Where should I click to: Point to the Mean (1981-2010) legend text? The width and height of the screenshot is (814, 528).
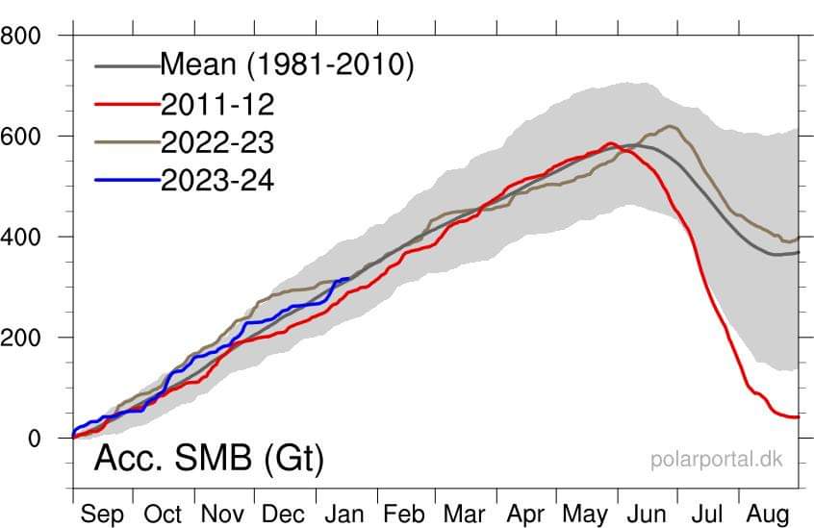point(286,64)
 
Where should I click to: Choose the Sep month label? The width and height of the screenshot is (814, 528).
point(103,514)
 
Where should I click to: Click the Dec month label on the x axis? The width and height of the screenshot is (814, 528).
point(284,514)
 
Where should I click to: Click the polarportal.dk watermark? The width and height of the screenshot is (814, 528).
point(717,459)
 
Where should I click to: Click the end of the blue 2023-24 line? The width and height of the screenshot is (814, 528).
point(348,279)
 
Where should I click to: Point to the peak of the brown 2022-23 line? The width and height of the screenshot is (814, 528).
point(670,126)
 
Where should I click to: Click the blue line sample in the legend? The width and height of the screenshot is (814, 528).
point(127,180)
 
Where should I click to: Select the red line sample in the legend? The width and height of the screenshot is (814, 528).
point(127,103)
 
